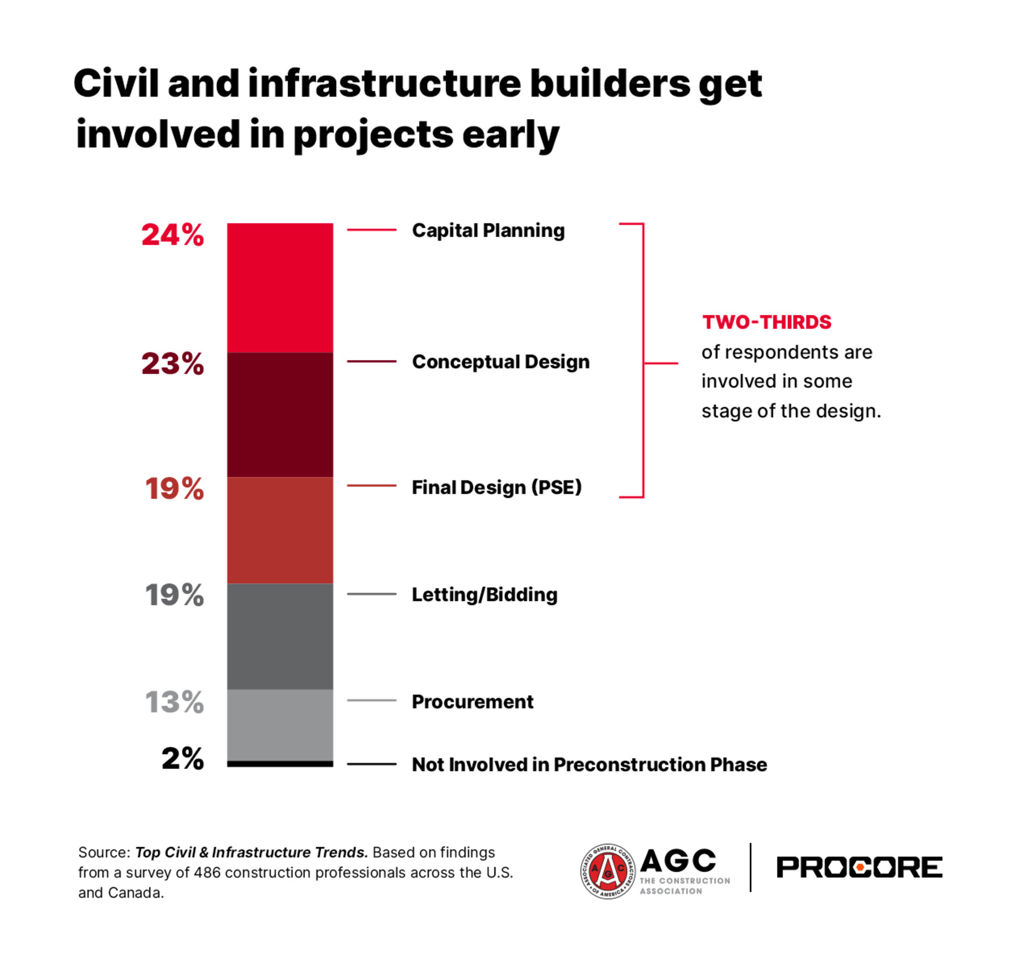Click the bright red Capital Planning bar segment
pos(280,287)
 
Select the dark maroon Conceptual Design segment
pos(280,414)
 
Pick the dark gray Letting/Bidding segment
pos(280,636)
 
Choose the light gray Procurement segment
pos(280,724)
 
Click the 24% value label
pos(172,235)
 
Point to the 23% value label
pos(172,364)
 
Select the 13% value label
pos(174,702)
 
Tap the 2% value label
pos(182,759)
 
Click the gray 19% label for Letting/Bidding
pos(174,595)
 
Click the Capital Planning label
pos(488,230)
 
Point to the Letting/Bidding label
pos(484,594)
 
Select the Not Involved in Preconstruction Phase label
pos(589,764)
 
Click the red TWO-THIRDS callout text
pos(766,322)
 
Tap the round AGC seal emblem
pos(607,871)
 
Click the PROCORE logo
pos(859,867)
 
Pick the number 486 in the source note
pos(207,872)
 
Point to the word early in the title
pos(510,135)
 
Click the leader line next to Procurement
pos(371,701)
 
